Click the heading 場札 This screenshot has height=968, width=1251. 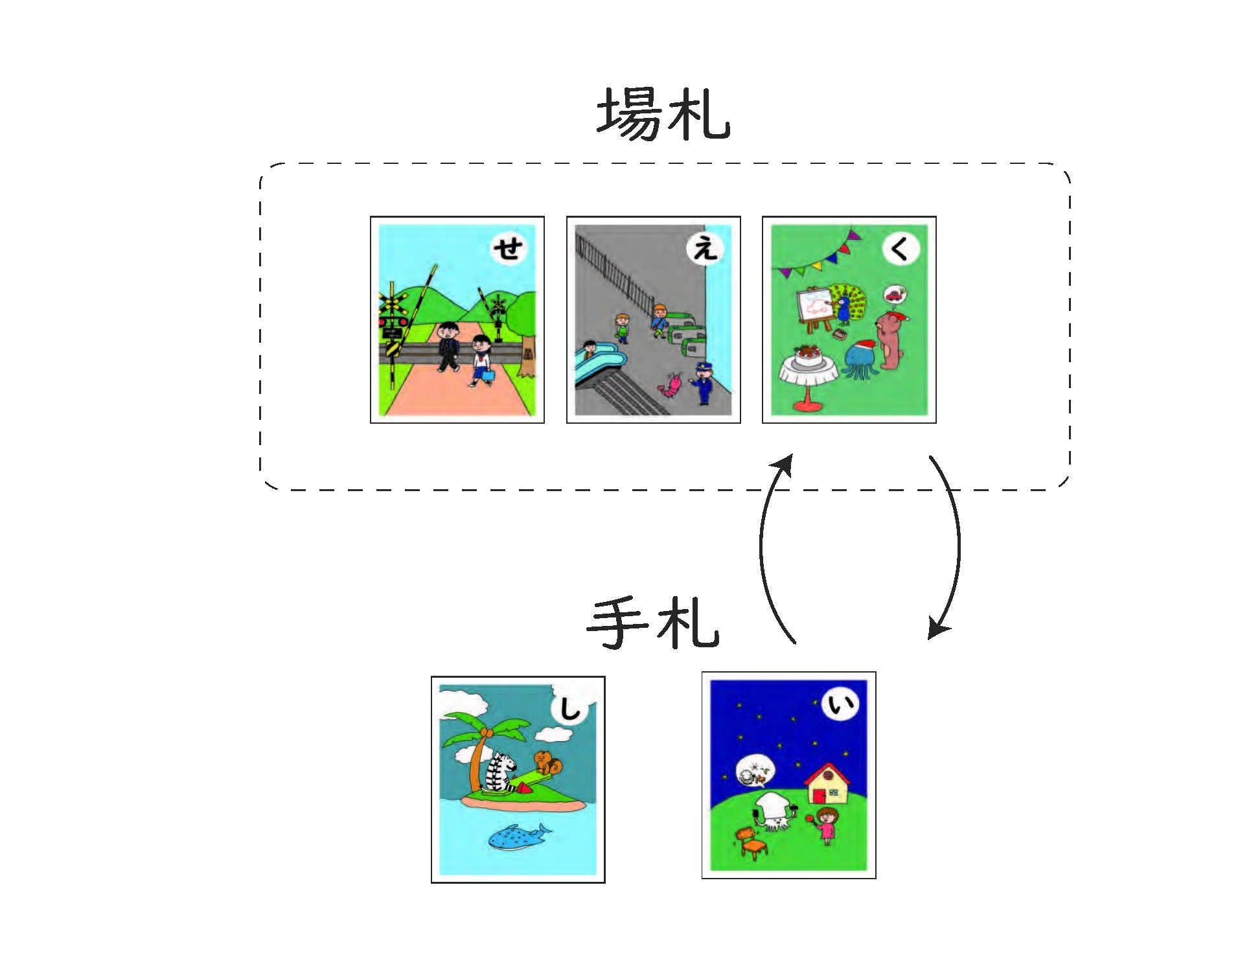tap(663, 115)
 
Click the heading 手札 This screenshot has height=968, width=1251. tap(653, 623)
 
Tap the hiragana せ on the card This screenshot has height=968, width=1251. tap(509, 248)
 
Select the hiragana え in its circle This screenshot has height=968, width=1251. tap(705, 248)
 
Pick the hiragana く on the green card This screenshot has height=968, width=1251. tap(901, 248)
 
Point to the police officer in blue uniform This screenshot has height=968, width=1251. tap(702, 383)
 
